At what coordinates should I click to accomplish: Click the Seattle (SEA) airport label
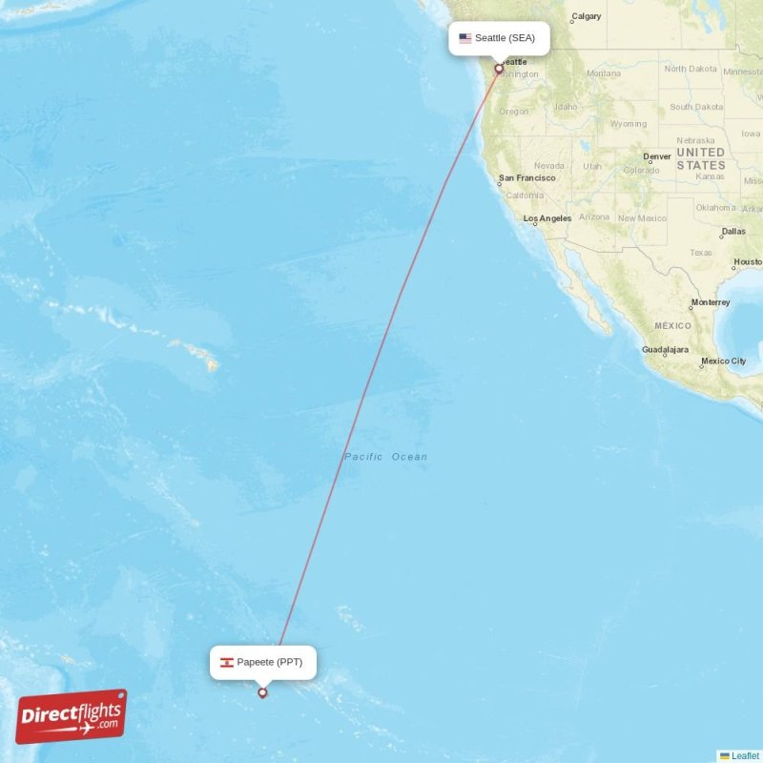coord(500,38)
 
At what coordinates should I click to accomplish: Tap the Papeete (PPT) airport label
coord(262,662)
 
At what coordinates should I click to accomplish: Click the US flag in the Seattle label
coord(465,38)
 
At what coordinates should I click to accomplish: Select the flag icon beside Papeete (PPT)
coord(227,662)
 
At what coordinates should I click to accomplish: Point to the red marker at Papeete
coord(263,692)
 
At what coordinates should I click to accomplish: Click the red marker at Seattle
coord(498,69)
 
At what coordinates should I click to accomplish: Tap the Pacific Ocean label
coord(385,457)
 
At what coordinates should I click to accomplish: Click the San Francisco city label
coord(526,178)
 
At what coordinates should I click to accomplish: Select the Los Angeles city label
coord(547,218)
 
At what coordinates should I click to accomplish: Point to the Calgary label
coord(586,17)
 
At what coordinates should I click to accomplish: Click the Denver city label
coord(657,156)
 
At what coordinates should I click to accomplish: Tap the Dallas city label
coord(733,232)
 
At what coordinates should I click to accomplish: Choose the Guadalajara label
coord(665,350)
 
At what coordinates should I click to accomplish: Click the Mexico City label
coord(724,361)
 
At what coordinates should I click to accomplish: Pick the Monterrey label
coord(711,302)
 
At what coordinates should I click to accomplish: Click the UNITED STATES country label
coord(701,158)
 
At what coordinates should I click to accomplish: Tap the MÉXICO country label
coord(672,326)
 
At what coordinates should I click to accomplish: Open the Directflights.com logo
coord(72,716)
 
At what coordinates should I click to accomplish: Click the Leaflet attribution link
coord(745,755)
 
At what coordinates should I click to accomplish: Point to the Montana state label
coord(604,73)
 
